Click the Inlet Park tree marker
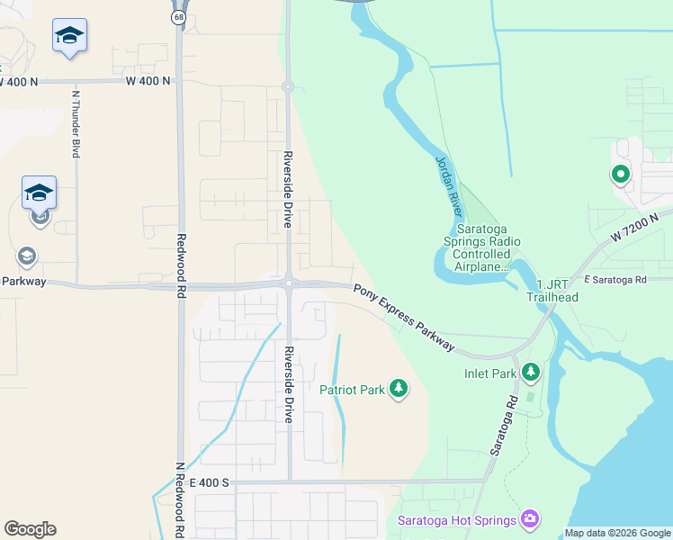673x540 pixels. [531, 372]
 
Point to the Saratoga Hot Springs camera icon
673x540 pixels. [530, 519]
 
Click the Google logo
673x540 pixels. [30, 529]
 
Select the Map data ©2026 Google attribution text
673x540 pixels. [616, 533]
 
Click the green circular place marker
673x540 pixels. [620, 174]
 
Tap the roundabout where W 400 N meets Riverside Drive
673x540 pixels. [288, 87]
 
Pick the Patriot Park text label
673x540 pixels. [352, 390]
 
